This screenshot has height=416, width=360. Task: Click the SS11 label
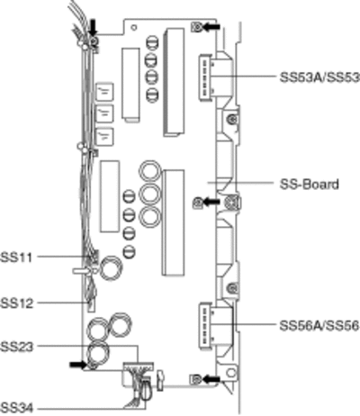(x=16, y=258)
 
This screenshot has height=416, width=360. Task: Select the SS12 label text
(x=16, y=303)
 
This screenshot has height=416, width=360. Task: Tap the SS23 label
(x=16, y=347)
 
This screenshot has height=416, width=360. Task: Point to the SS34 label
(x=16, y=408)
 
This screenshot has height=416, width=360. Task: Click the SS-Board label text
(x=310, y=184)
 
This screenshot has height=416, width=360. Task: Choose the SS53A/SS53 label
(x=319, y=77)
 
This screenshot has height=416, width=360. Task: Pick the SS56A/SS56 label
(x=319, y=325)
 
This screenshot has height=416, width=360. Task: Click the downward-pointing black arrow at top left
(x=94, y=27)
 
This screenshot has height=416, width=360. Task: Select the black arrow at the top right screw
(x=211, y=27)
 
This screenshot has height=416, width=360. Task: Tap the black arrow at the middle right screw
(x=211, y=202)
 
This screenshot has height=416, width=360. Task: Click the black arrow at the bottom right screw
(x=211, y=379)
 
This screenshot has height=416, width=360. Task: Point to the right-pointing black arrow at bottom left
(x=78, y=365)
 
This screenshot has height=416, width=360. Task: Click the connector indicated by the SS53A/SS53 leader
(x=205, y=77)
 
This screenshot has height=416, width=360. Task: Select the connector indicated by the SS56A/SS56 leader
(x=205, y=326)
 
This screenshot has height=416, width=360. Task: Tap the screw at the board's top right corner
(x=196, y=27)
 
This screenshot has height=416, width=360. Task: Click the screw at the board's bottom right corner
(x=195, y=379)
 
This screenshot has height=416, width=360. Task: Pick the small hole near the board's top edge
(x=134, y=27)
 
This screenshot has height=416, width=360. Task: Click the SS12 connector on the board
(x=91, y=305)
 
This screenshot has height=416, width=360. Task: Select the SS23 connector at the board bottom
(x=139, y=366)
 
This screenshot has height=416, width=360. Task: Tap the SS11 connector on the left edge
(x=93, y=257)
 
